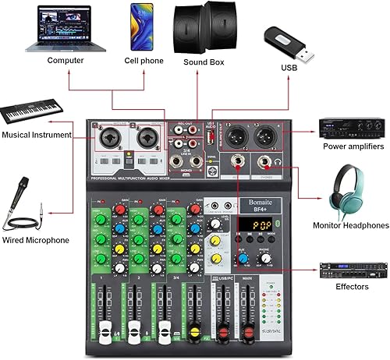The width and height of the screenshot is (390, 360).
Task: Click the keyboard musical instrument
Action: pos(34,111)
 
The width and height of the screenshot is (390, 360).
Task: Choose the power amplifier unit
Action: pos(353,127)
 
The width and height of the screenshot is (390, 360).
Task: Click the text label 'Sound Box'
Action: pos(205,61)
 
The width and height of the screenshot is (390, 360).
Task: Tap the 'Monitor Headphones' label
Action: pos(350,226)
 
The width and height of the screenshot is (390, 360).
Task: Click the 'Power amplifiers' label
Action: pos(353,146)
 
